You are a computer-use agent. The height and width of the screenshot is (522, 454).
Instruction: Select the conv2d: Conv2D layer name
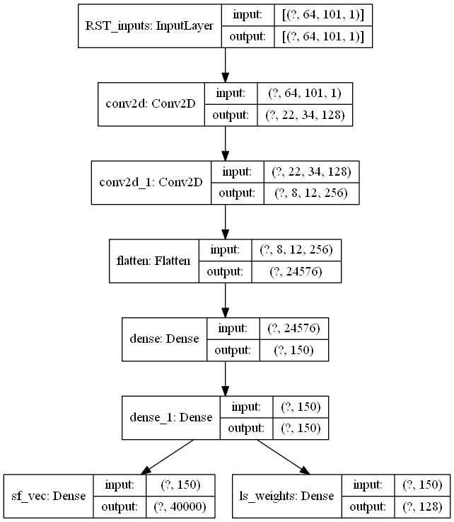click(151, 104)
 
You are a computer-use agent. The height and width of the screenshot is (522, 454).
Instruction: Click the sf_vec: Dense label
click(49, 495)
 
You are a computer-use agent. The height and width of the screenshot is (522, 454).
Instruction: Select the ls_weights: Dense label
click(287, 495)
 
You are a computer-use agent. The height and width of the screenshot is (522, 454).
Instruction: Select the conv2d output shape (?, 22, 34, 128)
click(305, 114)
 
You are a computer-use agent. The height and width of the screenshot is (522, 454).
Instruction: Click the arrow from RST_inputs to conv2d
click(226, 65)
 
